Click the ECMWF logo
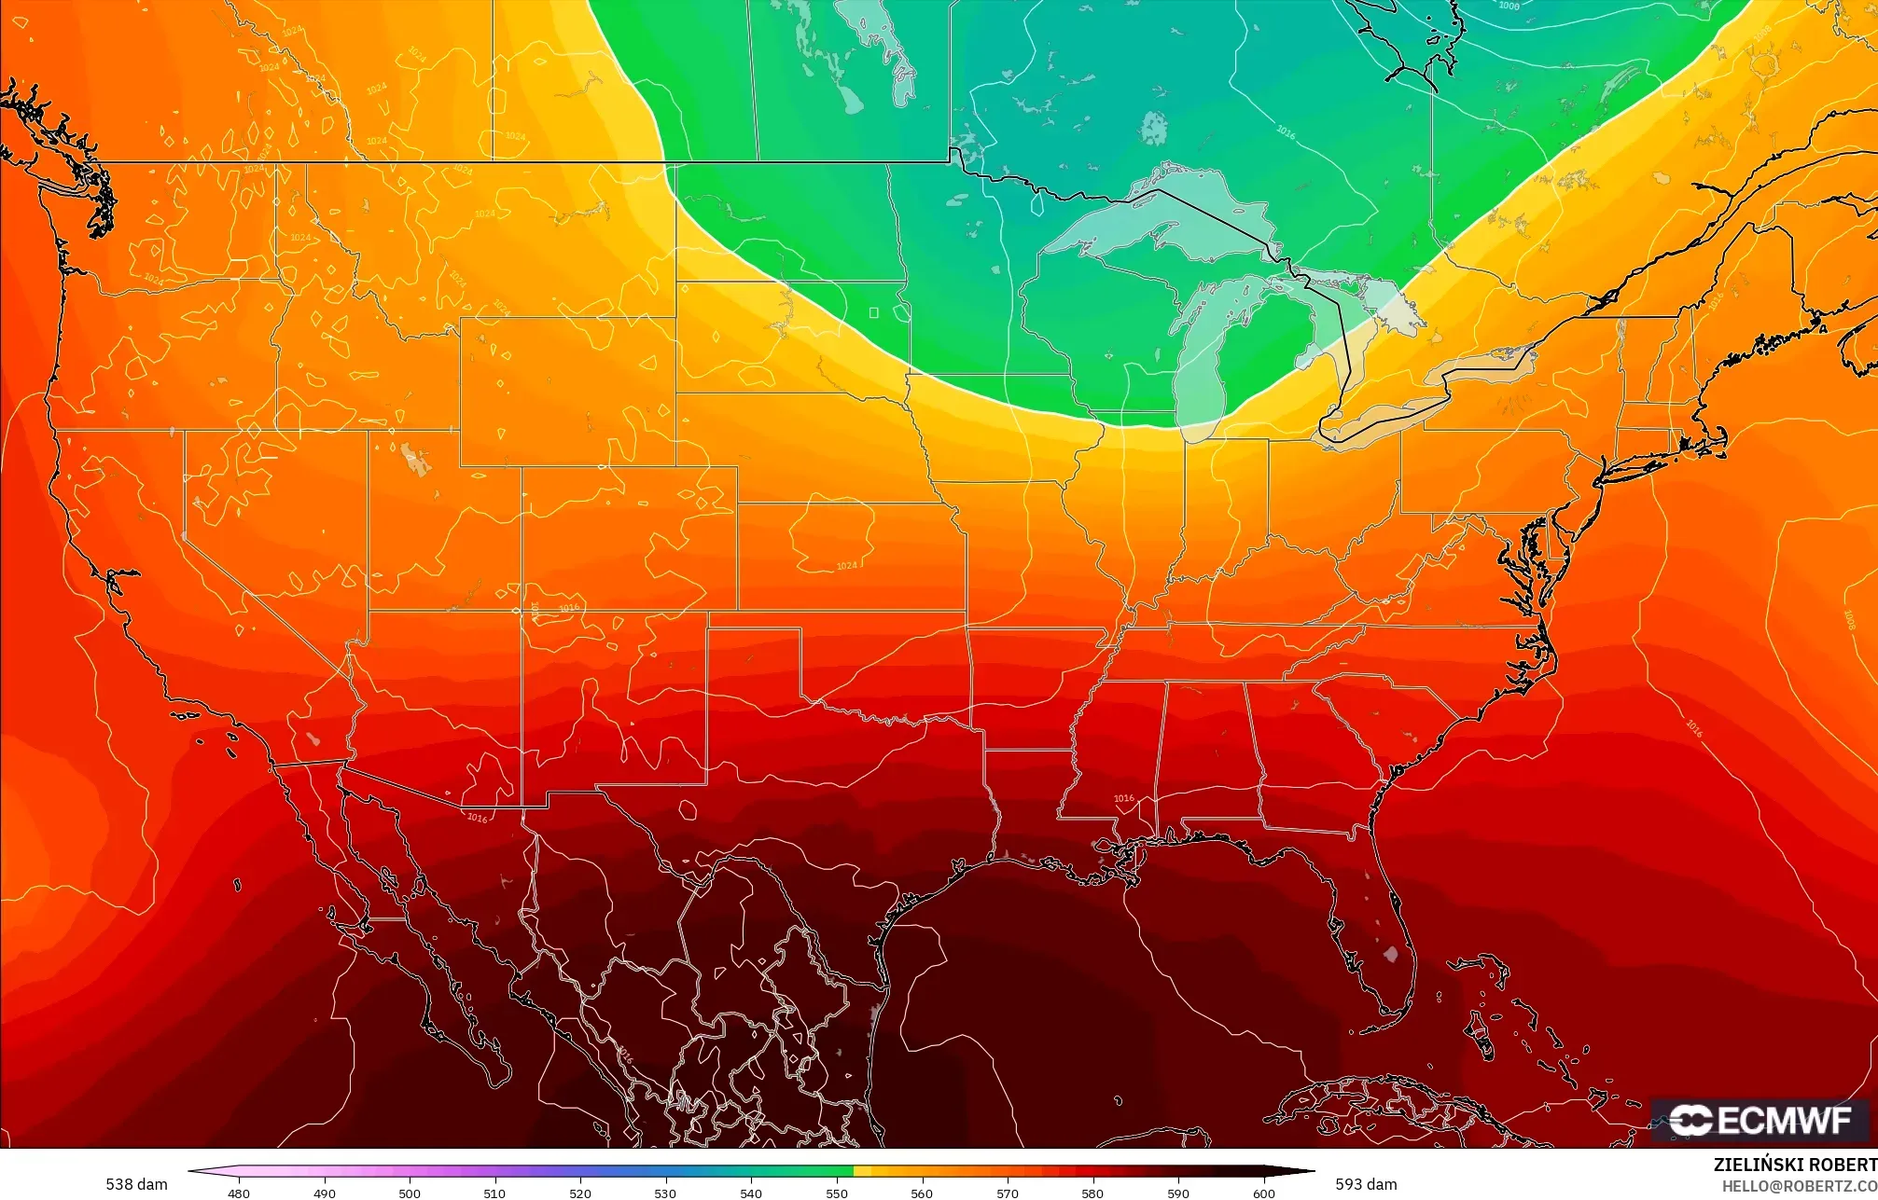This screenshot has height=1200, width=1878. (1760, 1120)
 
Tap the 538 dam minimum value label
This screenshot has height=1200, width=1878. (136, 1184)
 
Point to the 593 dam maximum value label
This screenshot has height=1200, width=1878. (1366, 1184)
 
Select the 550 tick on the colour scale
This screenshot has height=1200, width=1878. (837, 1193)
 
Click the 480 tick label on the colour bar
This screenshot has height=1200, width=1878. (239, 1193)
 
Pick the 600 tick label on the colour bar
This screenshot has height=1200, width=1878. (1263, 1193)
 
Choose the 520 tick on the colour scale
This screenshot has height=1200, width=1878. (580, 1193)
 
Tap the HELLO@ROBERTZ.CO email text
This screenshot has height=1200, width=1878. (1799, 1185)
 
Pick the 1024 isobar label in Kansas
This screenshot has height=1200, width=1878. (846, 566)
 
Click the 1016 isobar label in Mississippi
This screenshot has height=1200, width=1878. (1124, 798)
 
